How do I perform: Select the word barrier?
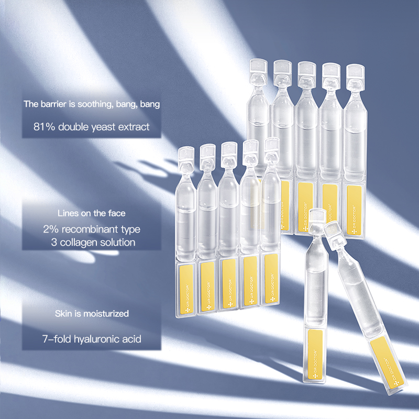(x=56, y=104)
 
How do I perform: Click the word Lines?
(x=67, y=213)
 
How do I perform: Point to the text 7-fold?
(x=55, y=339)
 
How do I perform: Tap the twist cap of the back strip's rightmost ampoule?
(x=355, y=72)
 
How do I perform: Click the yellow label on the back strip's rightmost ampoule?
(x=355, y=204)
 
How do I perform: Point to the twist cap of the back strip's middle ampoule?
(x=306, y=70)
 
